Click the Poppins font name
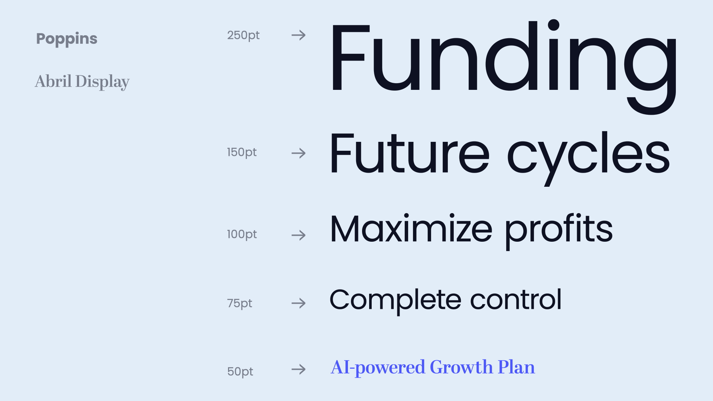coord(67,39)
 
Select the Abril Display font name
coord(82,82)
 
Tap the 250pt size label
coord(243,36)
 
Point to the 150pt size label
coord(242,153)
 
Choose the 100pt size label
coord(242,235)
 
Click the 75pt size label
coord(240,304)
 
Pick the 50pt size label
coord(240,372)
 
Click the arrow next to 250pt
coord(299,35)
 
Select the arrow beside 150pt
coord(299,153)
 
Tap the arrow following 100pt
coord(299,235)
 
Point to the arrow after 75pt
coord(299,303)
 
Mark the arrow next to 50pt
coord(299,369)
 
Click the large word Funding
coord(504,67)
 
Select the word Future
coord(410,153)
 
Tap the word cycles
coord(589,158)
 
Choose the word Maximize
coord(411,228)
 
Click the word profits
coord(559,231)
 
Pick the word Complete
coord(395,301)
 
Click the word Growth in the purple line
coord(461,367)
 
